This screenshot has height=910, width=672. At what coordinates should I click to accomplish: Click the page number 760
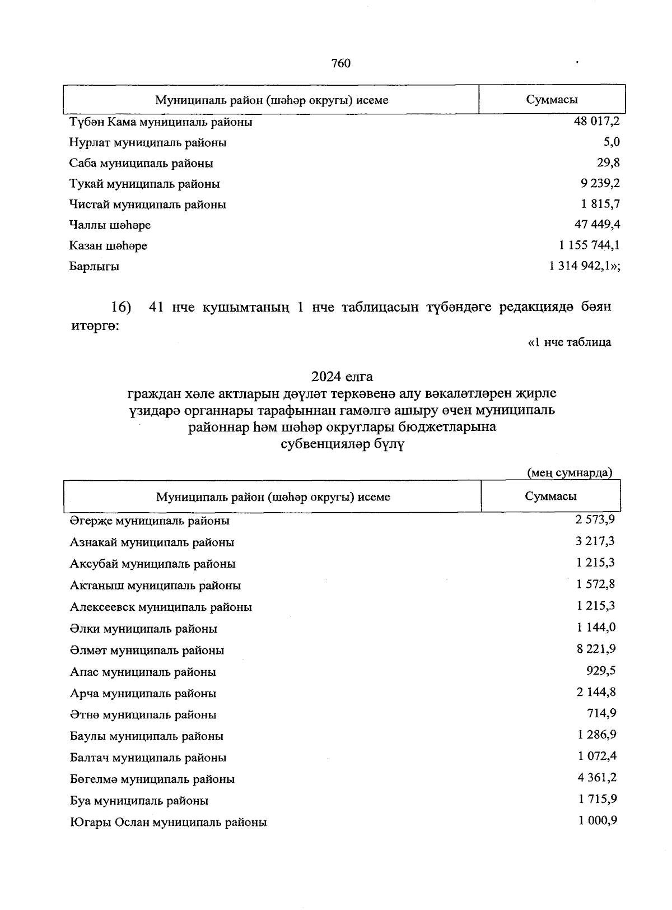[341, 63]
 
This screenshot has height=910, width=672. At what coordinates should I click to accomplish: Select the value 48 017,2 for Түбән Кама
[596, 121]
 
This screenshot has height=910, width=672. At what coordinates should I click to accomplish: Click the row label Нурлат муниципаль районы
[148, 142]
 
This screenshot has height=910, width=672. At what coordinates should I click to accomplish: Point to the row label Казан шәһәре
[108, 245]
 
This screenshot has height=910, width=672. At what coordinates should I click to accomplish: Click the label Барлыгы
[94, 266]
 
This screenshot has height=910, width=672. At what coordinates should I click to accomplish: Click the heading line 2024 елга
[342, 375]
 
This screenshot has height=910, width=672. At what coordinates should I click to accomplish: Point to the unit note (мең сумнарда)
[570, 472]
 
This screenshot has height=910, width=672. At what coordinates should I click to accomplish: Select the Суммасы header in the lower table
[550, 496]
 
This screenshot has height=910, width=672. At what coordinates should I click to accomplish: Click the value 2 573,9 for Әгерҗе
[595, 519]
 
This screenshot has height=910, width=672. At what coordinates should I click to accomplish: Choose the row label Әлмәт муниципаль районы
[147, 650]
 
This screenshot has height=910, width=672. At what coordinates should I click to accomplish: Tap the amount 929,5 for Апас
[601, 670]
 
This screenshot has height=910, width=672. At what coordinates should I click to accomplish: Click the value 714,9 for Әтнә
[601, 713]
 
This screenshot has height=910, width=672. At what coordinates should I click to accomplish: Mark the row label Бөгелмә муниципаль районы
[152, 779]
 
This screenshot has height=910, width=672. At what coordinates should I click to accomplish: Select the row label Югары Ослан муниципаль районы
[168, 822]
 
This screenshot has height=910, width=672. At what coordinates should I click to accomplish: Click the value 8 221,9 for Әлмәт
[596, 649]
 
